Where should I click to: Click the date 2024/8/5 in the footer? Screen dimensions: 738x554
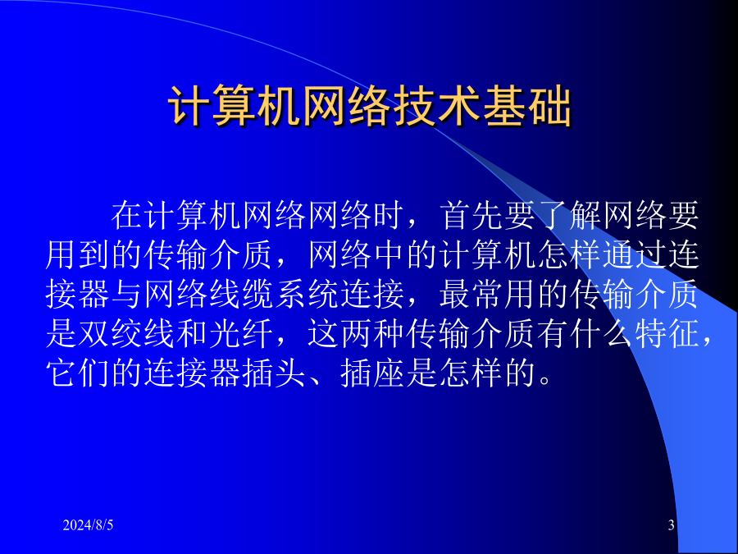[88, 524]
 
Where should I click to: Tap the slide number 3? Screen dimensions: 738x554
[671, 524]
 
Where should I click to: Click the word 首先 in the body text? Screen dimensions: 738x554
[472, 215]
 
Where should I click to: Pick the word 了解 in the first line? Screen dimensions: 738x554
[570, 215]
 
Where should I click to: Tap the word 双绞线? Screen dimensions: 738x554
[127, 334]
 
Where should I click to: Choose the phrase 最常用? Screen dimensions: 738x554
[487, 295]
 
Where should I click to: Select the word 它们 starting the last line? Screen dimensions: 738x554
[78, 373]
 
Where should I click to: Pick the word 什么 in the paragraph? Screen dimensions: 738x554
[601, 334]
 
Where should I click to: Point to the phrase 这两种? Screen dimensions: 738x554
[357, 334]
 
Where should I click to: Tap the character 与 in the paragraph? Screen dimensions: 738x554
[127, 295]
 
